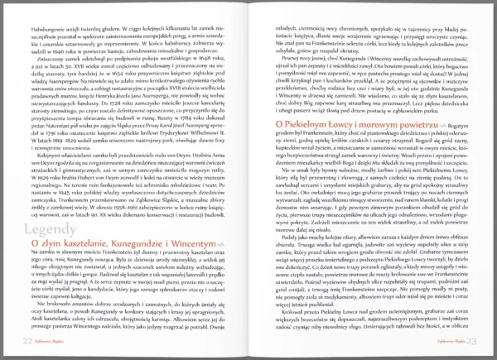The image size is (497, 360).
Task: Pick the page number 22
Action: pyautogui.click(x=27, y=339)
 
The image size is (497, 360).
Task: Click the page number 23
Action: pyautogui.click(x=470, y=339)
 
